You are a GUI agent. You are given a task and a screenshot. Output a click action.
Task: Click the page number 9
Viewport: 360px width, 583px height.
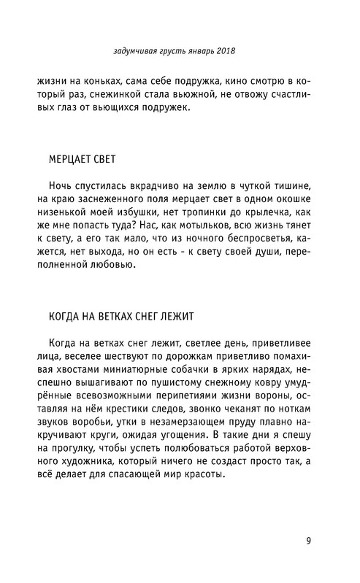(310, 541)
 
